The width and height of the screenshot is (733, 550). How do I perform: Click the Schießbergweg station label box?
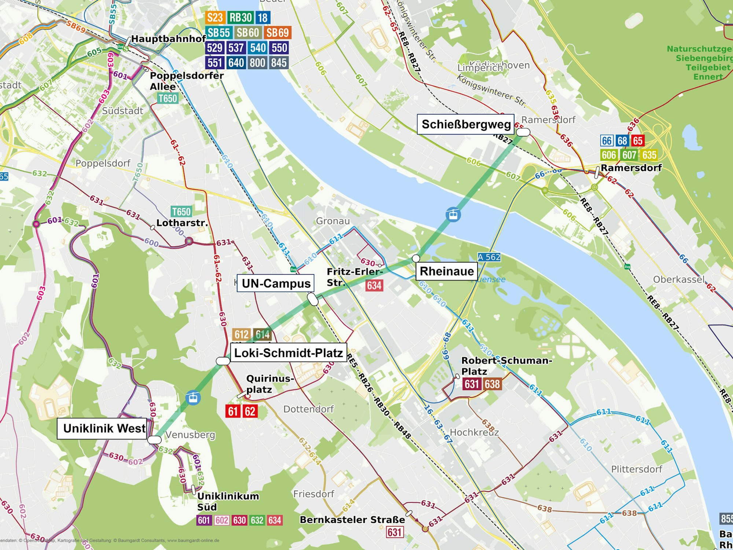[x=466, y=124]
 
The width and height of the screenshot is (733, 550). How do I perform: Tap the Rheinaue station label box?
[x=446, y=271]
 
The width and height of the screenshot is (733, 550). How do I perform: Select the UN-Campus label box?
[x=276, y=283]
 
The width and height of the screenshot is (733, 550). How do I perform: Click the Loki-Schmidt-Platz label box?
[x=288, y=353]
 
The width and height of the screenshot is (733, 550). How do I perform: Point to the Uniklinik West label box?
[x=104, y=428]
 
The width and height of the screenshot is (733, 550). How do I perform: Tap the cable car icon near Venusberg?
[x=193, y=397]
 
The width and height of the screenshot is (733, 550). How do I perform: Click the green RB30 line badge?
[x=240, y=17]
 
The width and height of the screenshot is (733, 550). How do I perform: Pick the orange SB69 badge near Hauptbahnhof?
[x=277, y=33]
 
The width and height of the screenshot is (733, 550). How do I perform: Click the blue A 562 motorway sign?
[x=489, y=257]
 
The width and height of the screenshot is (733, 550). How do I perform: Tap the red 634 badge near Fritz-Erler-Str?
[x=374, y=285]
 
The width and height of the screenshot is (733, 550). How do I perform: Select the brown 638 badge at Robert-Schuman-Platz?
[x=492, y=384]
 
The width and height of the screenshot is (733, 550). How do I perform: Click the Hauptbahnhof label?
[x=169, y=38]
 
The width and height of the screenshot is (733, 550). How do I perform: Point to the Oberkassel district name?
[x=679, y=279]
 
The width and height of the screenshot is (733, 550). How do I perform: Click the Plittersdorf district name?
[x=637, y=469]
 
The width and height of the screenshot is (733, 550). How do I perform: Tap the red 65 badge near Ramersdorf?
[x=638, y=141]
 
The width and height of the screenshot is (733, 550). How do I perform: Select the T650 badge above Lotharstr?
[x=181, y=212]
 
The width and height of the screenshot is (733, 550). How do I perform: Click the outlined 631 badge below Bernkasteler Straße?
[x=395, y=532]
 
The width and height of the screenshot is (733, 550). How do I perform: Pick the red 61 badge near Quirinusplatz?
[x=233, y=411]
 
